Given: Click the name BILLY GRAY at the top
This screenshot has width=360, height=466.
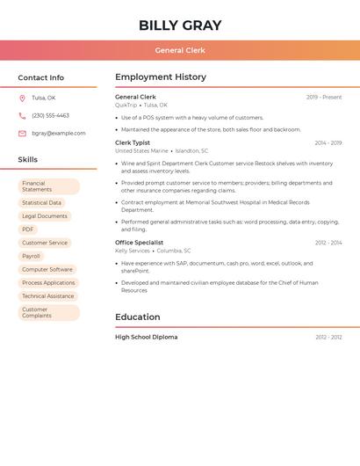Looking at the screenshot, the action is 180,25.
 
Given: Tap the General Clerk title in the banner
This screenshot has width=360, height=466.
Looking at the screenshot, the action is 180,51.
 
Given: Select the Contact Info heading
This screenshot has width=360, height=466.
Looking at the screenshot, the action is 40,77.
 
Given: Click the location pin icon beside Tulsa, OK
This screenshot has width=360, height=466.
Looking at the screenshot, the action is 22,98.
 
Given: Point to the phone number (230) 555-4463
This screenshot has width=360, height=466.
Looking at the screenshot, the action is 50,115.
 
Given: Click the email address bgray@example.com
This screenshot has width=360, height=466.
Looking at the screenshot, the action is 59,134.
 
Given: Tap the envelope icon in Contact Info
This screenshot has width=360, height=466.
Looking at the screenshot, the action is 22,134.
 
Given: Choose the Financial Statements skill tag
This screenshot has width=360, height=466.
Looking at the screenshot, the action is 49,186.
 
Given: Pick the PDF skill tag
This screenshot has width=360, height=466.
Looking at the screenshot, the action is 28,229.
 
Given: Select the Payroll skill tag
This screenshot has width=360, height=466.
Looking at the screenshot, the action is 31,256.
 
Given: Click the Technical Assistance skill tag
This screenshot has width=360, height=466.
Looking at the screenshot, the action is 48,296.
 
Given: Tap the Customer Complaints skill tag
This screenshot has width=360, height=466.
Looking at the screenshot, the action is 49,312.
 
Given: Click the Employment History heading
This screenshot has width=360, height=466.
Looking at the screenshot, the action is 161,77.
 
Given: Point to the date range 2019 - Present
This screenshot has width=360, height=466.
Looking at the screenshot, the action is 324,98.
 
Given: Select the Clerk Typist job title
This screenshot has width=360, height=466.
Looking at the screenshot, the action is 133,142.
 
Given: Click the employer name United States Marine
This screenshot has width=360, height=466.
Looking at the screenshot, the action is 141,151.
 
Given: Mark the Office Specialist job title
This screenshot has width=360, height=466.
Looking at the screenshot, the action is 139,243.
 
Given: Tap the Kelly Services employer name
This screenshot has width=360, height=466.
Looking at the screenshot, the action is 133,251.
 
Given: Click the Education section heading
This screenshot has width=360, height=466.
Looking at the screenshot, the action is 138,317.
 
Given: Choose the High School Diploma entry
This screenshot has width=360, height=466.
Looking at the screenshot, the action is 146,337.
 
